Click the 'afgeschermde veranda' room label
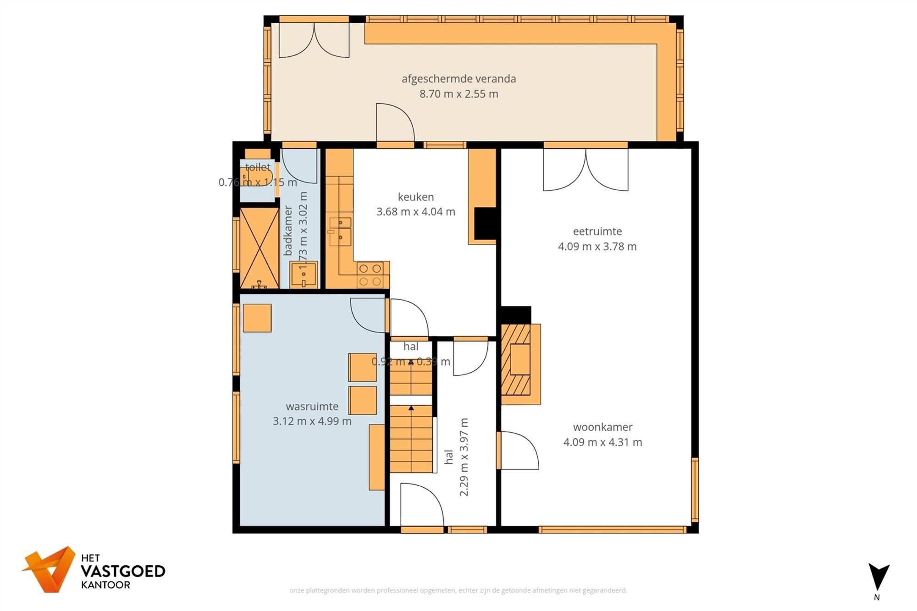458,78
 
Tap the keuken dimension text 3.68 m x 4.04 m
415,212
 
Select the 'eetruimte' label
597,231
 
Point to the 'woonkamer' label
602,427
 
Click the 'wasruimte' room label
312,406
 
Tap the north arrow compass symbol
878,578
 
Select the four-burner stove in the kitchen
370,275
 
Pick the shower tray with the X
260,248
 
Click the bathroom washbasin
304,274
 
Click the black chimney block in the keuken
485,223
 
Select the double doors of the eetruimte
586,170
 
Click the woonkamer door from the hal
518,450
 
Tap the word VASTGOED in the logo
122,571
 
